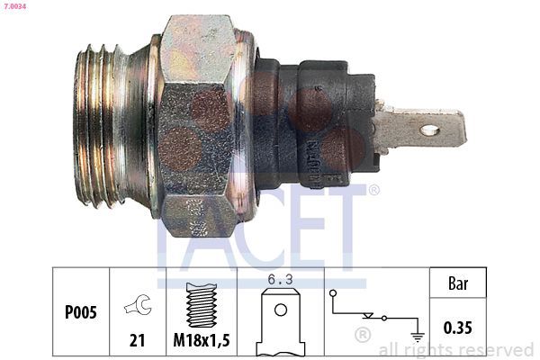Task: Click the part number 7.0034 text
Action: click(16, 6)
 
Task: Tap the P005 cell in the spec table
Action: click(82, 313)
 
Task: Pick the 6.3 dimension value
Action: click(281, 280)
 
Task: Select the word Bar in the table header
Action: click(459, 283)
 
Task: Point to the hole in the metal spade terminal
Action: click(429, 130)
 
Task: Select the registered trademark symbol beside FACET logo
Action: click(373, 190)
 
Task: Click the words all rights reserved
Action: click(455, 349)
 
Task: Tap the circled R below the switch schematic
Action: click(363, 337)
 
